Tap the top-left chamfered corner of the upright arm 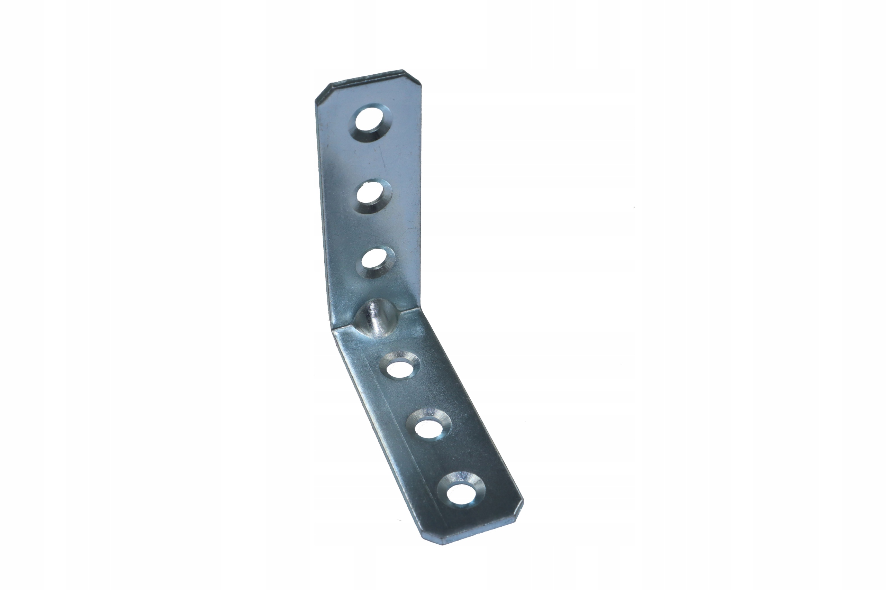pos(322,91)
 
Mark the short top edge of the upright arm pos(367,77)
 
